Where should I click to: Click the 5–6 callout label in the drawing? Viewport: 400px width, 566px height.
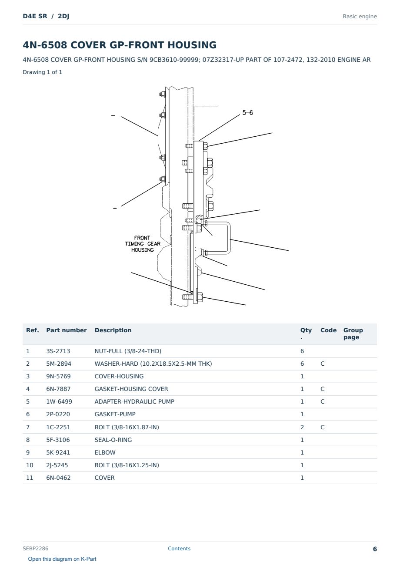click(x=247, y=112)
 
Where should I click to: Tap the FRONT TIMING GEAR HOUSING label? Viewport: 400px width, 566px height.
click(x=143, y=244)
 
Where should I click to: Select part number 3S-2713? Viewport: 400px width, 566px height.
click(x=58, y=351)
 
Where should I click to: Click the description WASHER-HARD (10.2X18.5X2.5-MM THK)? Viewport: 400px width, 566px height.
click(x=153, y=364)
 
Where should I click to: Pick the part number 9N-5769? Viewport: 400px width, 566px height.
click(x=58, y=376)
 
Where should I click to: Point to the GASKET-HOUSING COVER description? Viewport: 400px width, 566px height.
click(x=131, y=389)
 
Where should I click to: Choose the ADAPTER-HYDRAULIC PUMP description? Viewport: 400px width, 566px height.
click(x=134, y=401)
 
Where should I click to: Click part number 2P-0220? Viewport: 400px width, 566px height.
click(x=58, y=414)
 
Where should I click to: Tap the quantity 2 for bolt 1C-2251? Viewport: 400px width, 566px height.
click(x=302, y=427)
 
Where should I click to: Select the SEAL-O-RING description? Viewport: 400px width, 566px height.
click(x=113, y=440)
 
